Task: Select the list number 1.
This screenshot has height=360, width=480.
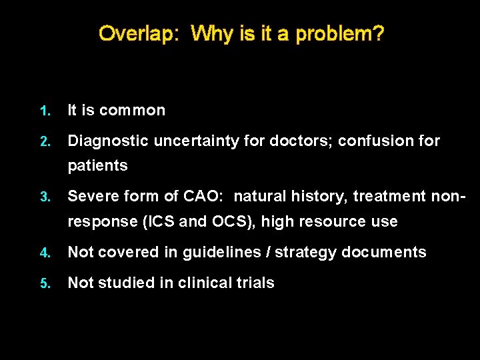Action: (x=43, y=111)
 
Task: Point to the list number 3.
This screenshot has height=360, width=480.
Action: (x=43, y=197)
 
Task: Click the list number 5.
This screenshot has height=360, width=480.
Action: (x=43, y=283)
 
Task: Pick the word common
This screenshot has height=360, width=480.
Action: (x=132, y=111)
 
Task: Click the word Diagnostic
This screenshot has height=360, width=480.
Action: (x=108, y=141)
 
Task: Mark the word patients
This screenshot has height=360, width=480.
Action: (x=97, y=166)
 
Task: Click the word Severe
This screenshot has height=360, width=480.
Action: (x=91, y=197)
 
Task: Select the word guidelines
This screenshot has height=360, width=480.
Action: (x=227, y=252)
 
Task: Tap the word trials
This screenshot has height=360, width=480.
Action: (x=256, y=283)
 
